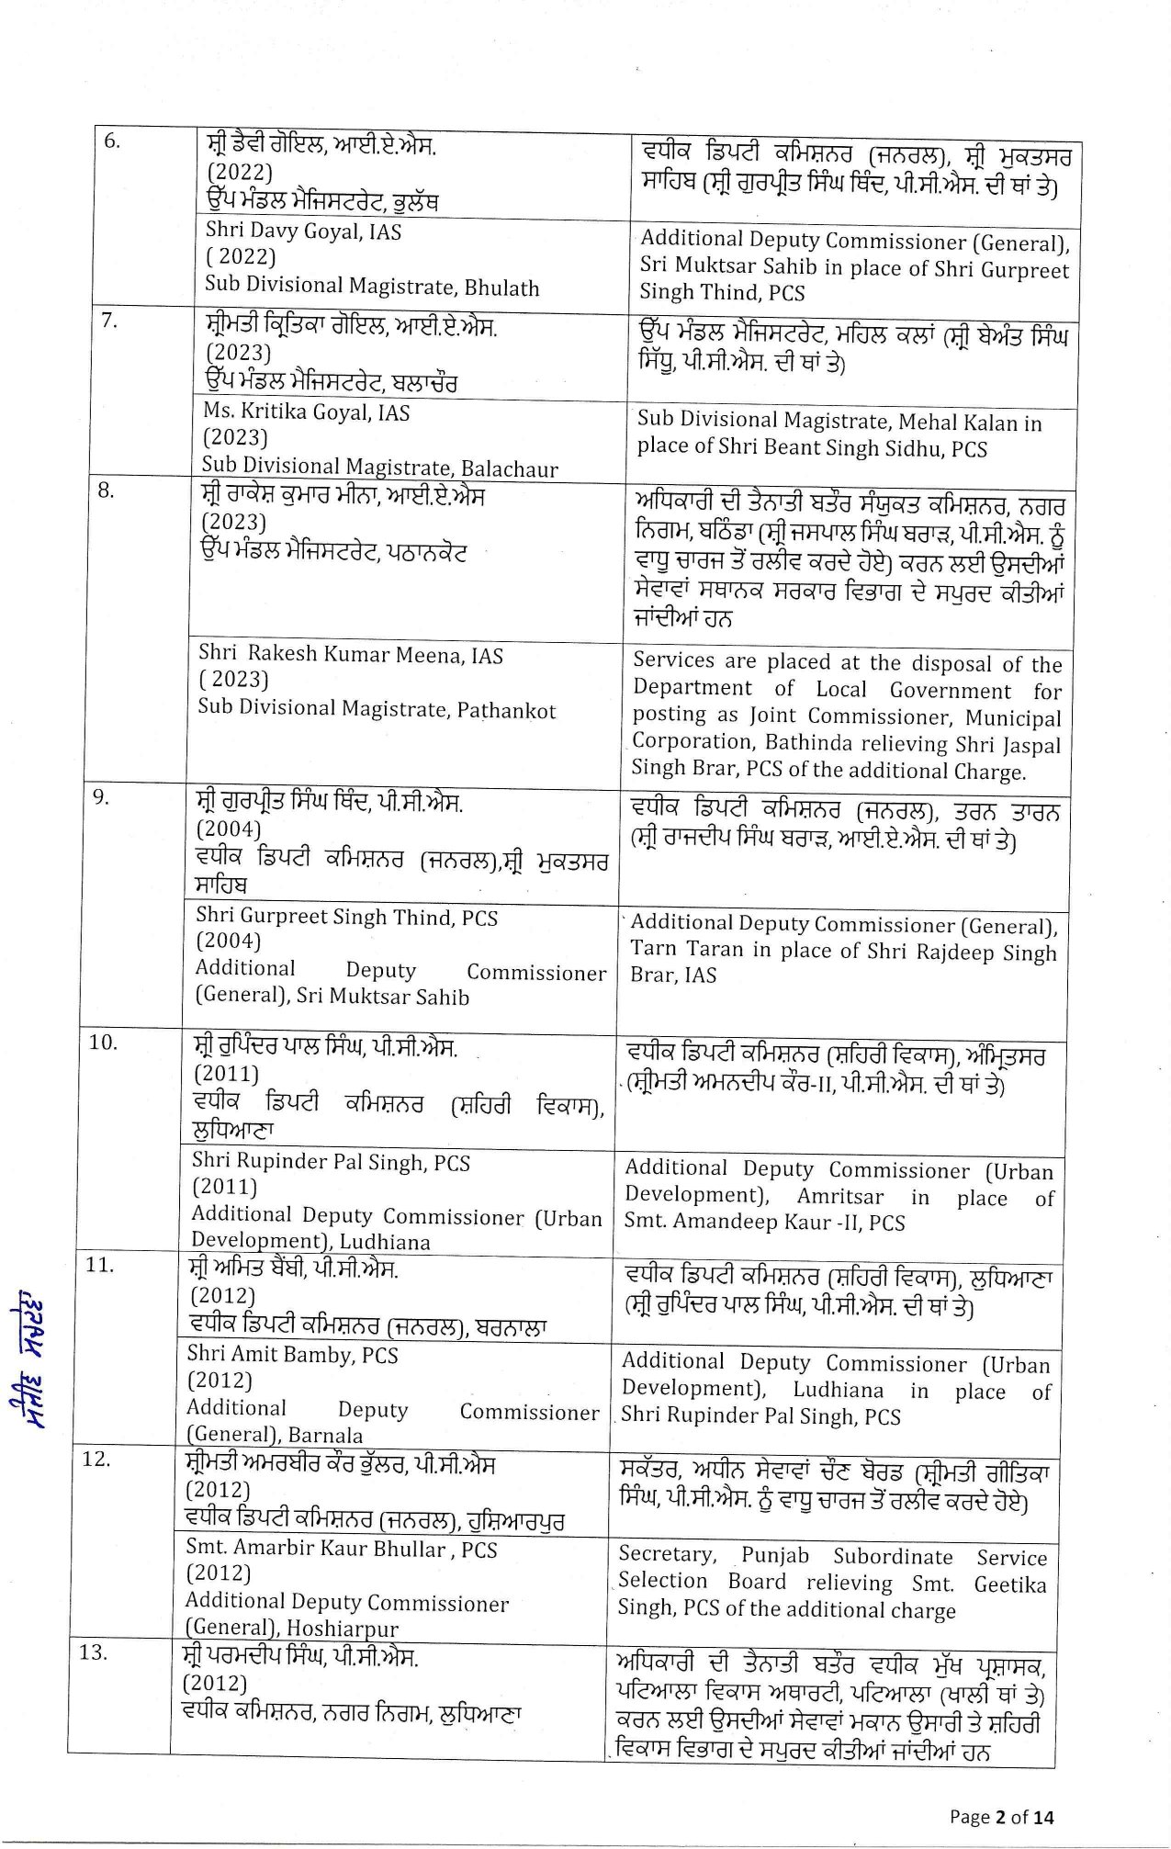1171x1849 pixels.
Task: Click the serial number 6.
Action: click(111, 141)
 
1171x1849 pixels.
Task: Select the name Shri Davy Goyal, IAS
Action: click(303, 231)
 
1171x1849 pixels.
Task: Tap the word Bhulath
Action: click(501, 288)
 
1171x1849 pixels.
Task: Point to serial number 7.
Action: click(108, 321)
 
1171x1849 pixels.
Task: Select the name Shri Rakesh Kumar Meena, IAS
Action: click(350, 655)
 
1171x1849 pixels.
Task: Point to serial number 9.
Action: click(101, 797)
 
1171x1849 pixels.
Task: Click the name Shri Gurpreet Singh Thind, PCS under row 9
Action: click(346, 917)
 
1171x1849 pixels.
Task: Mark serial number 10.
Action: click(103, 1042)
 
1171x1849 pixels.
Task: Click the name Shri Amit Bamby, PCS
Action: click(292, 1355)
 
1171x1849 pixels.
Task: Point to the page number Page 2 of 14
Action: click(1001, 1816)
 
